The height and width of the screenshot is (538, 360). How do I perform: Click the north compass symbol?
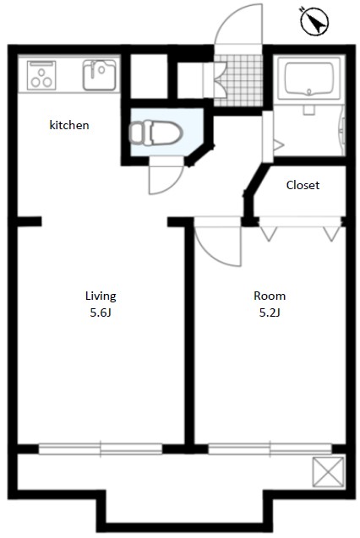tap(314, 21)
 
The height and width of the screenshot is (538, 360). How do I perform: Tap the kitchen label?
tap(69, 125)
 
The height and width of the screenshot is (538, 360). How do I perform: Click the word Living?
tap(101, 296)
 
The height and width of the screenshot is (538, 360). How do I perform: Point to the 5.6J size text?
tap(101, 312)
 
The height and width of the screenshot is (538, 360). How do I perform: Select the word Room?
tap(270, 296)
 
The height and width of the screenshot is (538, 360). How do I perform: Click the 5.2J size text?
tap(270, 312)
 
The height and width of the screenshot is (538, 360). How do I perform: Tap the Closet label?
tap(303, 185)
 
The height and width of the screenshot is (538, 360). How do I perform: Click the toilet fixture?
tap(155, 133)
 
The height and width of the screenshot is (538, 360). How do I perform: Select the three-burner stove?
tap(41, 75)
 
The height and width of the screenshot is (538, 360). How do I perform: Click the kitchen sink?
tap(99, 75)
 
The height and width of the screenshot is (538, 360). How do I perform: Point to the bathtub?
tap(309, 79)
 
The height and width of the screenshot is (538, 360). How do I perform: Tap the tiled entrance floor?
tap(238, 80)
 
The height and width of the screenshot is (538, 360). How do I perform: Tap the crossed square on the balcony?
tap(328, 472)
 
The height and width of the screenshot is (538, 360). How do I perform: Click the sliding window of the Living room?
tap(101, 449)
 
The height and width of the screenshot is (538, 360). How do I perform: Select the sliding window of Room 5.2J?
tap(270, 449)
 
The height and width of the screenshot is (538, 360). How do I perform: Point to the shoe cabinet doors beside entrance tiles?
tap(215, 79)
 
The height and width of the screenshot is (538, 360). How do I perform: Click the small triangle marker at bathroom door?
tap(278, 145)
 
